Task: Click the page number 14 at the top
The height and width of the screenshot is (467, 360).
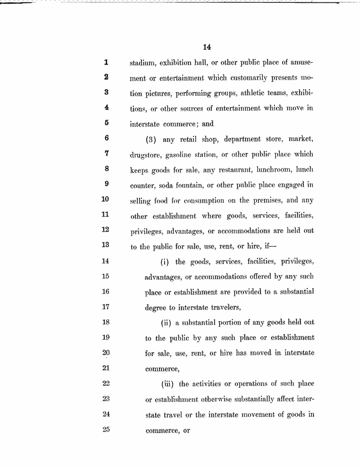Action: point(206,47)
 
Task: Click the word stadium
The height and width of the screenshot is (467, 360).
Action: point(143,62)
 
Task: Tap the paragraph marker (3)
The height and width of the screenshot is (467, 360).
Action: point(152,139)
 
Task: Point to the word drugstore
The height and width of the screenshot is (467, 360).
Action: point(145,155)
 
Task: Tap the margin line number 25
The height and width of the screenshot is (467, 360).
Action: point(106,431)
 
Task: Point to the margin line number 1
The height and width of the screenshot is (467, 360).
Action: point(106,62)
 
